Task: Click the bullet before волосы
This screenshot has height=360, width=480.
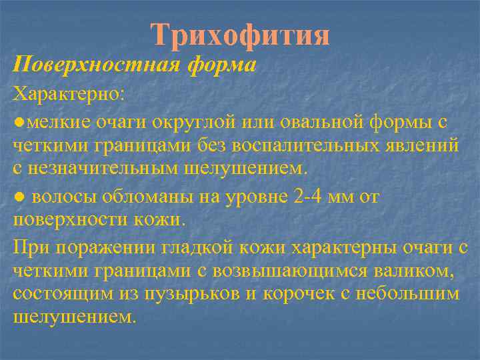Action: coord(19,198)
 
